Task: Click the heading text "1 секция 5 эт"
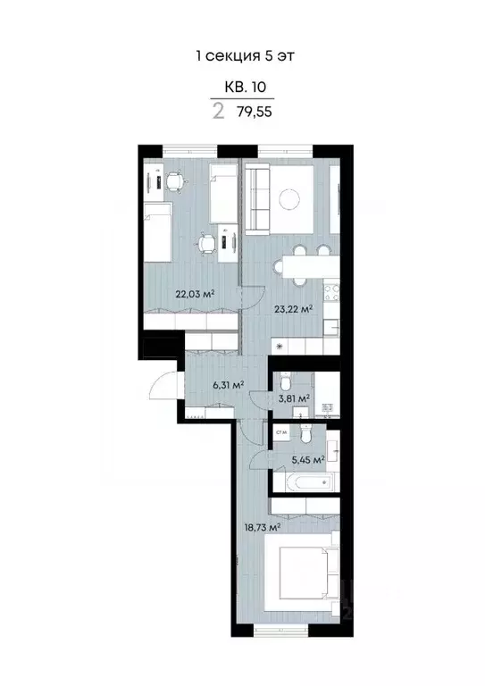(244, 55)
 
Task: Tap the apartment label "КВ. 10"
(242, 88)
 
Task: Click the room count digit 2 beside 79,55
(218, 113)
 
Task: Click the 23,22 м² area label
(294, 309)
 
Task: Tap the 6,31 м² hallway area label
(229, 385)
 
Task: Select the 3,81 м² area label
(294, 398)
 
